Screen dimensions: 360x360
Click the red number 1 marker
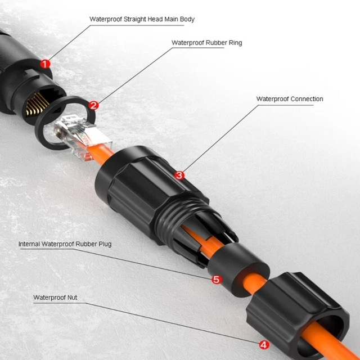coord(45,64)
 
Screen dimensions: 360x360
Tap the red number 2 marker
coord(93,106)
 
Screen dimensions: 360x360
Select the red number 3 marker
coord(179,175)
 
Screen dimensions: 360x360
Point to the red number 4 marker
coord(264,345)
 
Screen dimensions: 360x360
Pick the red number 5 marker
coord(216,280)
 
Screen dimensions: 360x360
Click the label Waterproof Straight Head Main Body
coord(142,19)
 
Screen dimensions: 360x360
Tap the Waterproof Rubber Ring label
coord(206,43)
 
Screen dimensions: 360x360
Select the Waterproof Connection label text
coord(290,99)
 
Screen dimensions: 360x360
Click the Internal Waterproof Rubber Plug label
coord(65,244)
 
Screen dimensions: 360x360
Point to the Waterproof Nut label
coord(55,298)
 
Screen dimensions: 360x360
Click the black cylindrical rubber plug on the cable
coord(238,270)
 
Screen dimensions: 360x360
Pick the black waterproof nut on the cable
coord(296,314)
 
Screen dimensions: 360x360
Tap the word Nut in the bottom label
coord(72,298)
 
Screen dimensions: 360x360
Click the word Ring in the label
coord(235,43)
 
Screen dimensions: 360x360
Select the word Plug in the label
coord(105,244)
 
